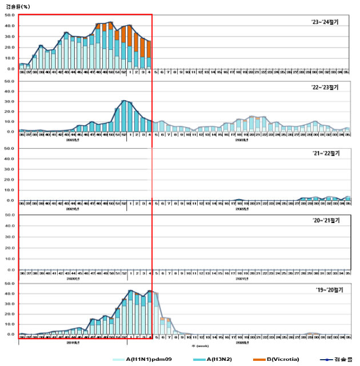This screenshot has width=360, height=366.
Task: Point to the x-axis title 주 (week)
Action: [185, 345]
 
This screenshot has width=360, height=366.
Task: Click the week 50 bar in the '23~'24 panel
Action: [111, 46]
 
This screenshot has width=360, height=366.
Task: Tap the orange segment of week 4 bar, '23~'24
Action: [149, 49]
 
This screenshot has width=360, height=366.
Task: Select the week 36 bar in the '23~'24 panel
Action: [22, 66]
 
